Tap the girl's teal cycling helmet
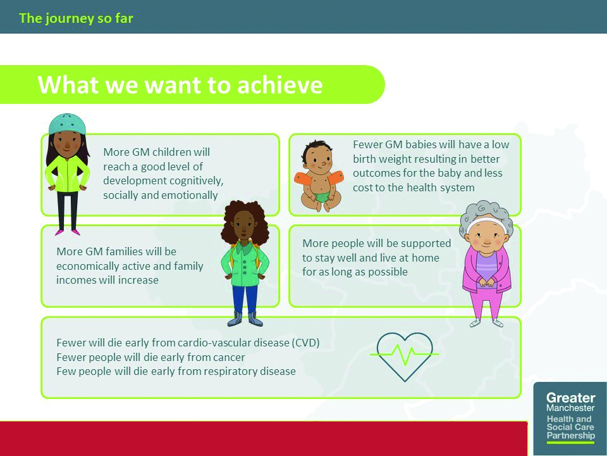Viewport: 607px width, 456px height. coord(67,123)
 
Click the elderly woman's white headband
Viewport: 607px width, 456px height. coord(486,222)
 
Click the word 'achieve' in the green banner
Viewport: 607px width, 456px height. coord(280,84)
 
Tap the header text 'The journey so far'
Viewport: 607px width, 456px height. coord(76,18)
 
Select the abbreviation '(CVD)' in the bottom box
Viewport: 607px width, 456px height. coord(306,343)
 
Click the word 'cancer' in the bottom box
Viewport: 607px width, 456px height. coord(227,357)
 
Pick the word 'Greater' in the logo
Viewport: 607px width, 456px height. coord(570,398)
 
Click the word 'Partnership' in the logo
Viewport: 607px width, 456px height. coord(570,436)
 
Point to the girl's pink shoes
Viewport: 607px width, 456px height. coord(68,232)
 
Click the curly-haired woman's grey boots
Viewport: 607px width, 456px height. coord(245,319)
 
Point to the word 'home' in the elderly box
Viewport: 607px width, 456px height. coord(426,258)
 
